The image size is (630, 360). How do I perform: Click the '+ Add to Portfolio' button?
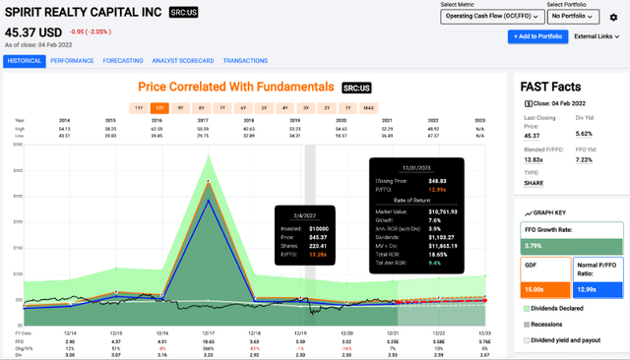(x=535, y=35)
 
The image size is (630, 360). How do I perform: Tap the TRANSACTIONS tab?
(x=245, y=60)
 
